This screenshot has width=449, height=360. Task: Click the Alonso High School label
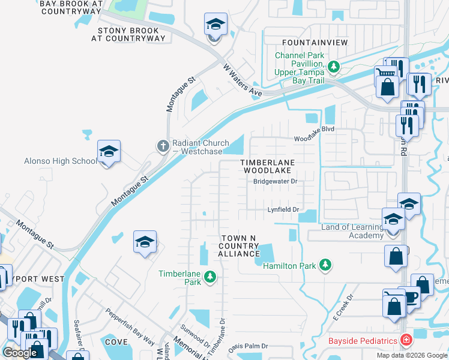pos(59,161)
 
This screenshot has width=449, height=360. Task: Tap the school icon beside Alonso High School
pos(109,152)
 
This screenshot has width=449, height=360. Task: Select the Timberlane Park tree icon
pos(209,277)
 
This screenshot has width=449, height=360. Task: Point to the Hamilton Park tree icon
pos(325,265)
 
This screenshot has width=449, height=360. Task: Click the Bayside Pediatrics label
pos(363,341)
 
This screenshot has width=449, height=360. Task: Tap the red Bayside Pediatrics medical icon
pos(406,340)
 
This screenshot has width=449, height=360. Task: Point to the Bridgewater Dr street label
pos(275,181)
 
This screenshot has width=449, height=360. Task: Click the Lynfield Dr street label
pos(283,209)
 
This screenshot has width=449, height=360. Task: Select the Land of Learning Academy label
pos(352,231)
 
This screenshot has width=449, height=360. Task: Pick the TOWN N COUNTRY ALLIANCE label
pos(238,246)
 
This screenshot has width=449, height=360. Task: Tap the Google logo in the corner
pos(20,353)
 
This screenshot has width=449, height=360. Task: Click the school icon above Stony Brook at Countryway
pos(215,26)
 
